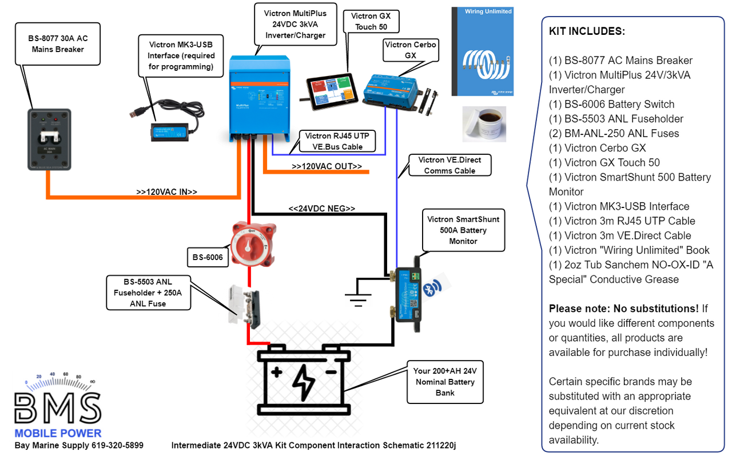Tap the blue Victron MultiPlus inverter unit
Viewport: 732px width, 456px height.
(257, 97)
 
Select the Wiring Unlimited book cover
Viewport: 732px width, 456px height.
(482, 52)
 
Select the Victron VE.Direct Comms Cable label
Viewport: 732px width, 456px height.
(449, 165)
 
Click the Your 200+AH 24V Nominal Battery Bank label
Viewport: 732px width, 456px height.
(444, 382)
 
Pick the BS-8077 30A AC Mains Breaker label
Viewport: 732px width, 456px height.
(58, 44)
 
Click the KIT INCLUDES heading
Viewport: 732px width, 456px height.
(587, 31)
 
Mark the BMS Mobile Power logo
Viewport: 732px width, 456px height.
(58, 405)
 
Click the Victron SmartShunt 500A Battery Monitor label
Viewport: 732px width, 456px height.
(463, 230)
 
